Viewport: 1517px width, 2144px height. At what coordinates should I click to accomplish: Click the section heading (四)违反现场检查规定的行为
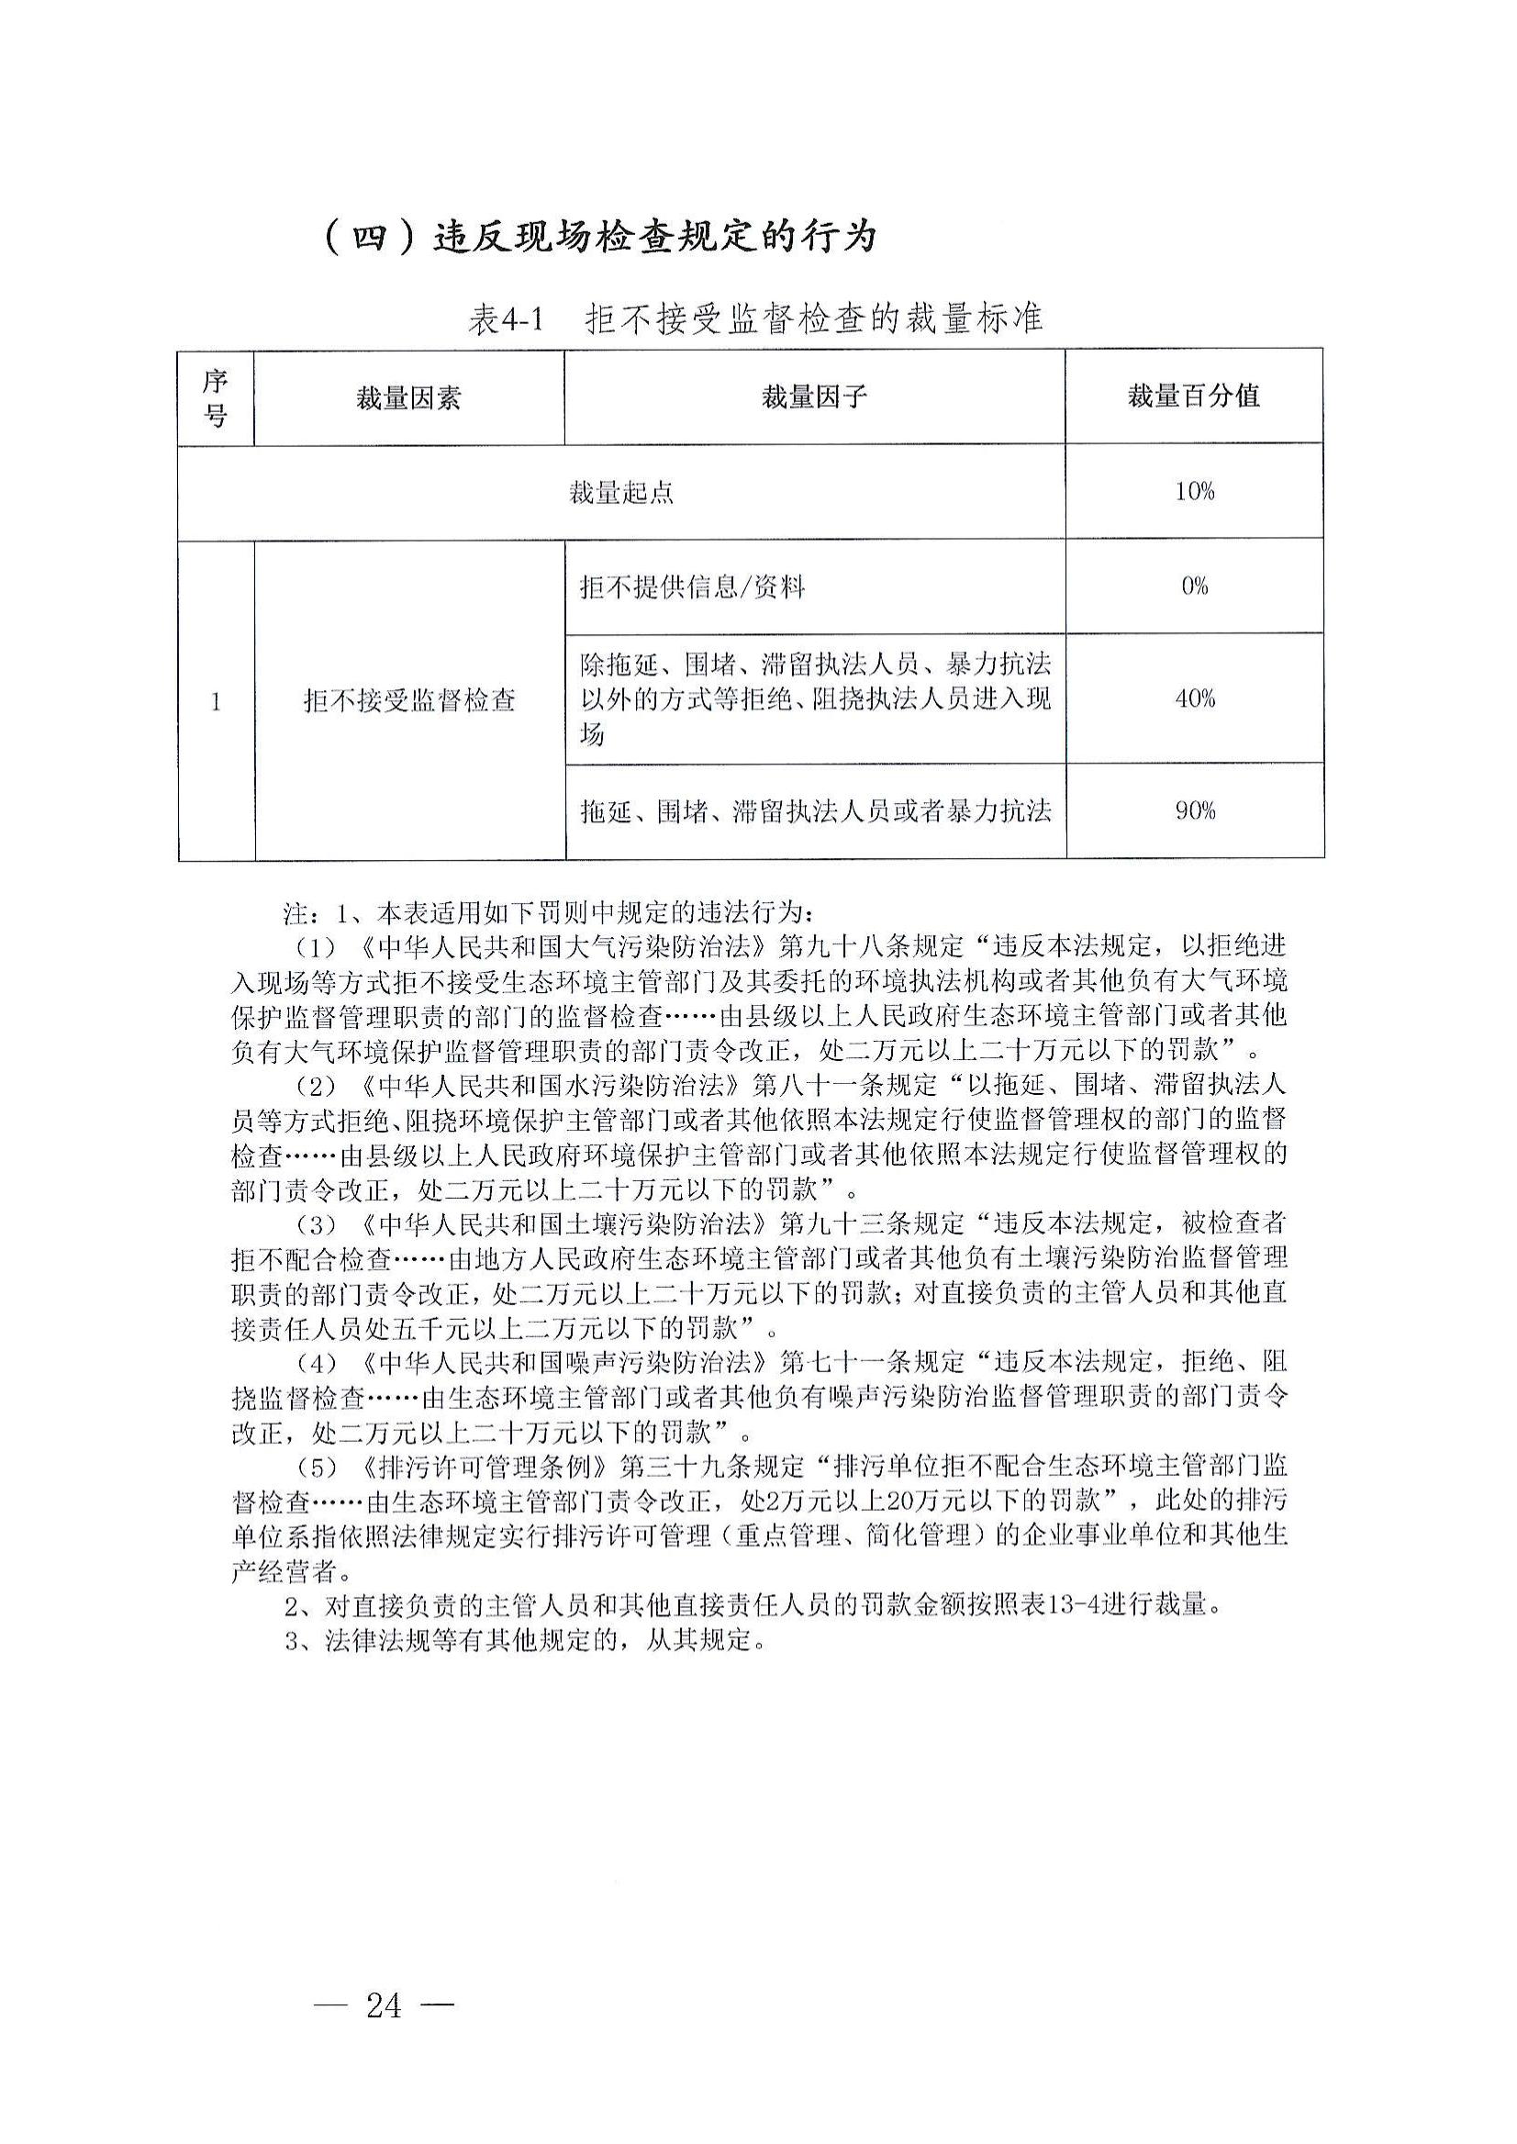598,236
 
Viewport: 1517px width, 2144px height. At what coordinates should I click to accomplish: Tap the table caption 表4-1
505,320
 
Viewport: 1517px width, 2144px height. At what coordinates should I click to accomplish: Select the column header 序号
216,397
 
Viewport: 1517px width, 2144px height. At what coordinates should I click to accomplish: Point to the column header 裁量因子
814,397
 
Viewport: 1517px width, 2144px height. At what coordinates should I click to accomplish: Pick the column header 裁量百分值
1193,396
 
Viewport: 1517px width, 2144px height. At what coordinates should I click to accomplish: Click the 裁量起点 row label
621,492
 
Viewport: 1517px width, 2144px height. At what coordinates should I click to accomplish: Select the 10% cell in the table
1194,491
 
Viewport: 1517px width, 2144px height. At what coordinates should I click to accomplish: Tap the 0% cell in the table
1194,586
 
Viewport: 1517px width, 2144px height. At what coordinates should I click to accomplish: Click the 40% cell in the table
1194,698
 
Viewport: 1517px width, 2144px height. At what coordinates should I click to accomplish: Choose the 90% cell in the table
1194,811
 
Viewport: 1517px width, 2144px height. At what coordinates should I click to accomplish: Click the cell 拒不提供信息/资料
692,587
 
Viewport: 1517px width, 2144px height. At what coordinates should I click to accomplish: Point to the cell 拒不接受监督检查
409,700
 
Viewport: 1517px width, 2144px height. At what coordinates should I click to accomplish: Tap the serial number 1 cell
216,700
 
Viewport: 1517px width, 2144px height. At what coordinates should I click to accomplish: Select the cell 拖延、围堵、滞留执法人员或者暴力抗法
815,811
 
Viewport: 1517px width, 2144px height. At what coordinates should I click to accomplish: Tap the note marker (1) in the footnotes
315,947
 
